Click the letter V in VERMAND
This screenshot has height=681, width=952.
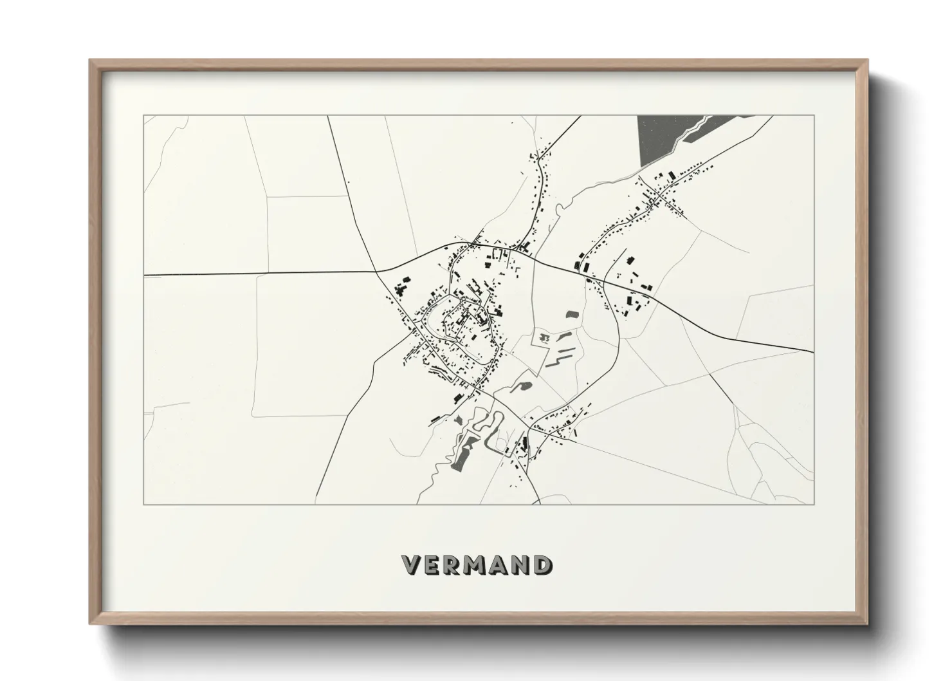pyautogui.click(x=412, y=565)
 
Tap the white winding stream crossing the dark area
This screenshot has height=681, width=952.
pyautogui.click(x=695, y=131)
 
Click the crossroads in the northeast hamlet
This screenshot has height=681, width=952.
pyautogui.click(x=655, y=192)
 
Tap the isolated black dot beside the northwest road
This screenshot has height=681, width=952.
pyautogui.click(x=348, y=183)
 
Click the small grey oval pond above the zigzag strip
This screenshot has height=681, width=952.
pyautogui.click(x=572, y=315)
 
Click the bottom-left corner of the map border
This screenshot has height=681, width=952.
pyautogui.click(x=143, y=504)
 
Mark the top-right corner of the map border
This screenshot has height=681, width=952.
pyautogui.click(x=814, y=116)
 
